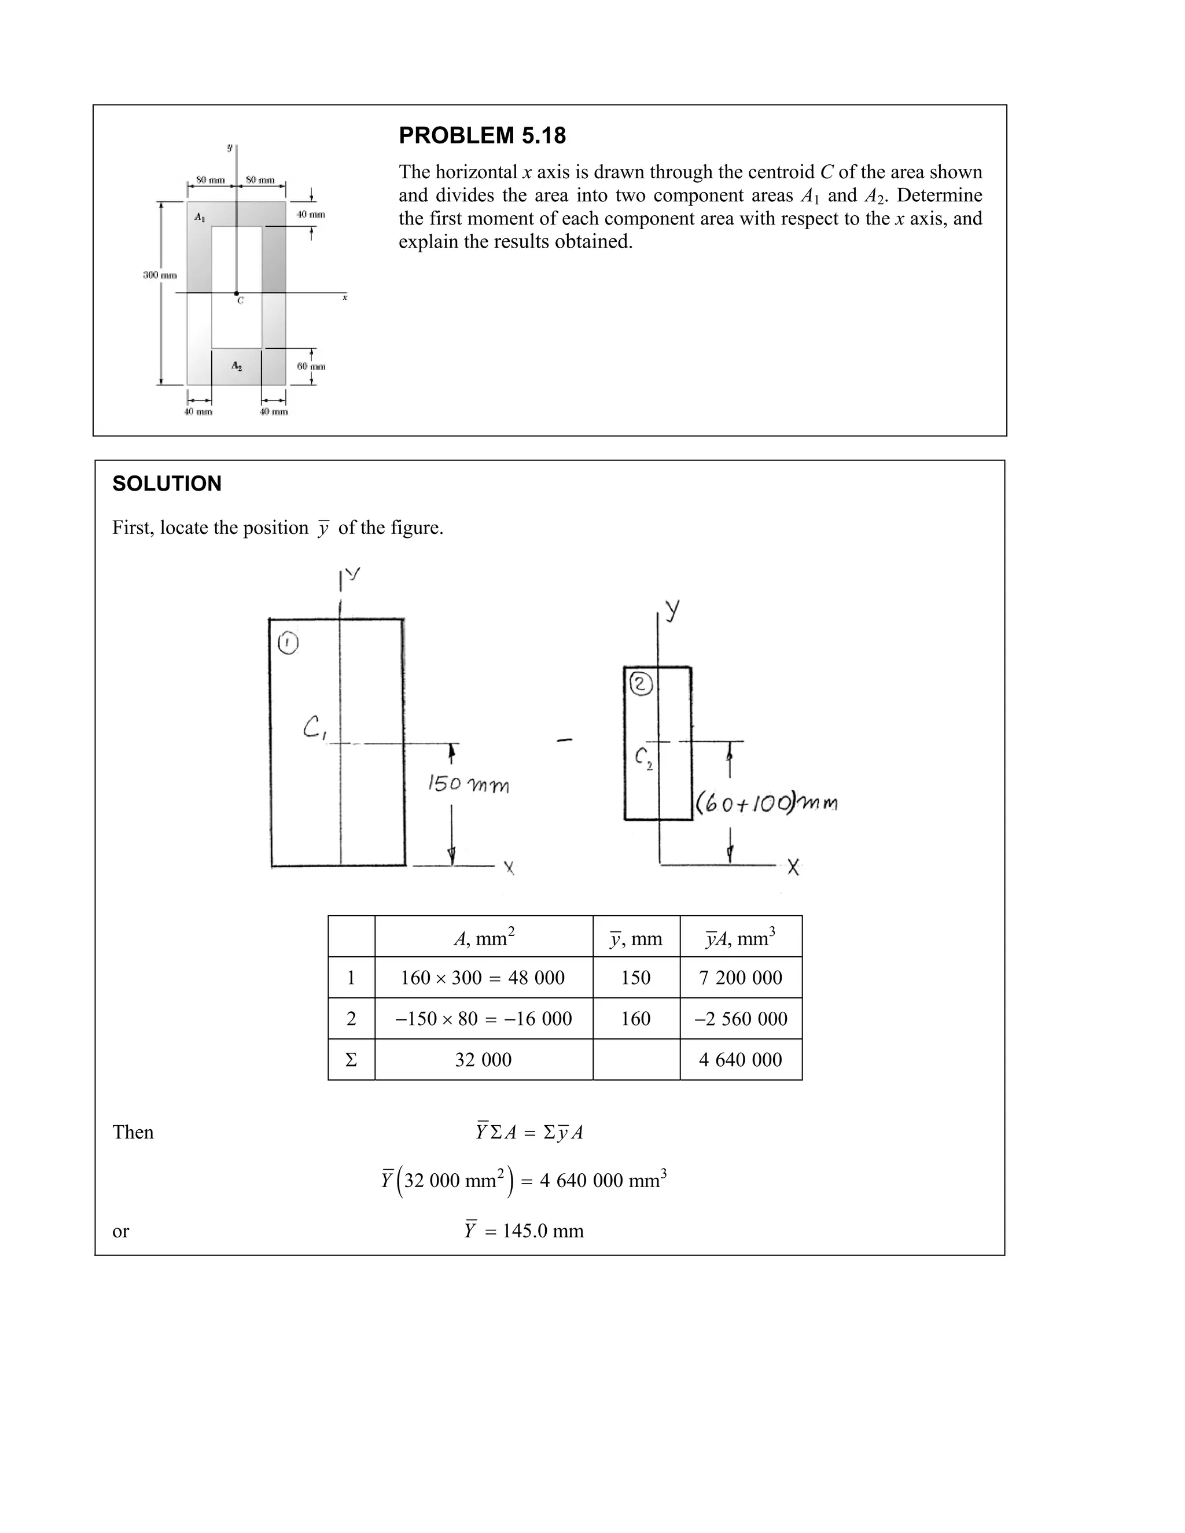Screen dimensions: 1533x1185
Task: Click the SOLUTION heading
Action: pyautogui.click(x=167, y=484)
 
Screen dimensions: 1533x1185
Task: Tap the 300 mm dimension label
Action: pyautogui.click(x=160, y=275)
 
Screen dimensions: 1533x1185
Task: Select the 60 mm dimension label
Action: pyautogui.click(x=311, y=366)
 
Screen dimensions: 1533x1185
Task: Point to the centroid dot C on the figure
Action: pyautogui.click(x=237, y=293)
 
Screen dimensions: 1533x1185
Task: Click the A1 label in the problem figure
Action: pyautogui.click(x=200, y=218)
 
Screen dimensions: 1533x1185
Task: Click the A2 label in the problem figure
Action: pyautogui.click(x=237, y=366)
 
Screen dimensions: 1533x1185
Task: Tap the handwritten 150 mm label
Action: pyautogui.click(x=468, y=784)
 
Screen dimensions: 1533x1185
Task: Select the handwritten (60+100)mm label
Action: pyautogui.click(x=766, y=802)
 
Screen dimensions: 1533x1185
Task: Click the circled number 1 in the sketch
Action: pyautogui.click(x=288, y=643)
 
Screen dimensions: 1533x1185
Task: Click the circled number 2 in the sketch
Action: pyautogui.click(x=641, y=684)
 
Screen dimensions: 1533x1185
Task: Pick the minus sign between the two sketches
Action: pyautogui.click(x=564, y=740)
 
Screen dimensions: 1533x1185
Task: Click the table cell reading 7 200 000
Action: pyautogui.click(x=740, y=977)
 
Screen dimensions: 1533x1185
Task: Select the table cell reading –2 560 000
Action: pyautogui.click(x=740, y=1019)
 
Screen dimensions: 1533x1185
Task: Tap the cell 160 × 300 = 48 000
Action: pyautogui.click(x=483, y=977)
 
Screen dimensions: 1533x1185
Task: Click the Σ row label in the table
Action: pyautogui.click(x=351, y=1060)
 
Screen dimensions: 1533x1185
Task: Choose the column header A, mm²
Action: pyautogui.click(x=484, y=937)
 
